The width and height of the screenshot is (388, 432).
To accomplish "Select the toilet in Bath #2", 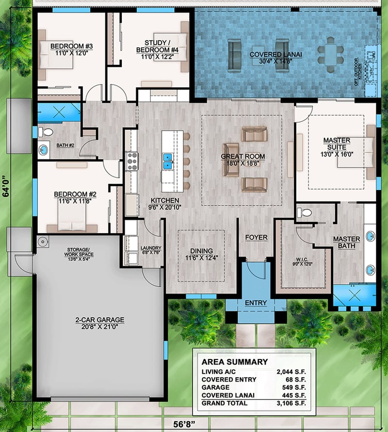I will tap(45, 132).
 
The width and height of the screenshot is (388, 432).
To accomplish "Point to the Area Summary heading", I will tap(234, 362).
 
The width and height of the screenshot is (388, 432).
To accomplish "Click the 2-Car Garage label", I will tap(99, 320).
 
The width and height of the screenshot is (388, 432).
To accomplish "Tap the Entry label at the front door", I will tap(256, 303).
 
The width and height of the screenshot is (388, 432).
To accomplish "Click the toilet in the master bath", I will tap(304, 212).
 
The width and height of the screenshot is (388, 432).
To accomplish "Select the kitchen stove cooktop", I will tap(131, 161).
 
